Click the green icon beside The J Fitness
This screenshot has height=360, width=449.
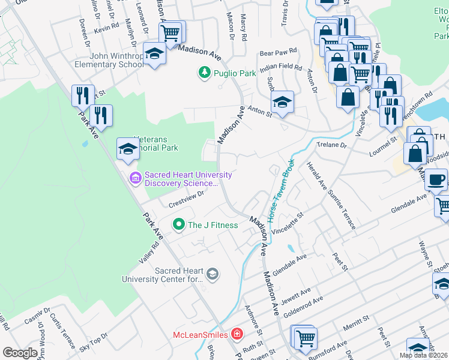tap(178, 225)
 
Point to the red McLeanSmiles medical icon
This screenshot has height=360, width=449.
tap(238, 334)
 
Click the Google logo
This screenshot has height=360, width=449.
tap(20, 353)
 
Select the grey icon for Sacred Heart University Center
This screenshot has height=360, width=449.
tap(212, 274)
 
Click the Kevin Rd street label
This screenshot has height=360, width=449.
tap(107, 28)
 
